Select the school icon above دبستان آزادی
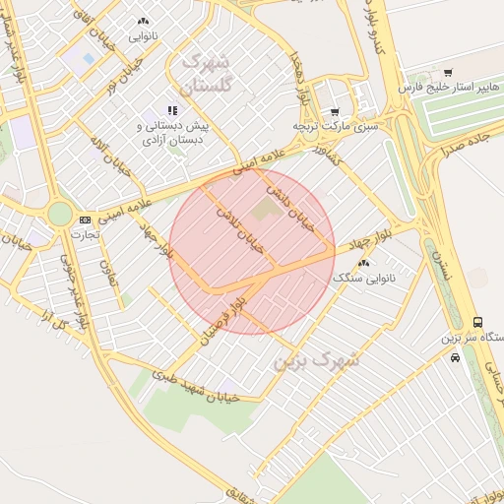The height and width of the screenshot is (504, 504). tap(172, 111)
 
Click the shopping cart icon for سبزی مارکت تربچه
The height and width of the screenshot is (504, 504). tap(335, 112)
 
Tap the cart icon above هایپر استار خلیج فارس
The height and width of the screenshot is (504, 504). tap(448, 73)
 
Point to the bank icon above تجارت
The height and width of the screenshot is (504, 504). tap(85, 220)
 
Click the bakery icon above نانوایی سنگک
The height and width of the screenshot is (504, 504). tap(364, 263)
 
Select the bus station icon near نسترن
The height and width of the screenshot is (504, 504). tap(477, 322)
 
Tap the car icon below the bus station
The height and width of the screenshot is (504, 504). tap(454, 357)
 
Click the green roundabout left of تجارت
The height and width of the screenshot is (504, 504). tap(60, 213)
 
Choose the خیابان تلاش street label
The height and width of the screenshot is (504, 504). tap(245, 231)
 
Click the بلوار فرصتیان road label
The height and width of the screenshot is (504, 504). tap(220, 317)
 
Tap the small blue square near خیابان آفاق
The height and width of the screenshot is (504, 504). tap(90, 59)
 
